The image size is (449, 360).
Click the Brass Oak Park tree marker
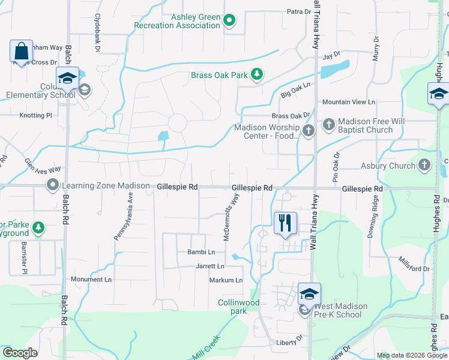coord(257,74)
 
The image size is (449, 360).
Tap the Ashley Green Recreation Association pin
coord(229,22)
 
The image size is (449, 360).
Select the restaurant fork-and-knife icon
coord(285,223)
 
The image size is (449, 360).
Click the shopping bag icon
coord(21,51)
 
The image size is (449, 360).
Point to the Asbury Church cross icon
coord(424,164)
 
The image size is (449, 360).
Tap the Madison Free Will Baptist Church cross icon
coord(328,124)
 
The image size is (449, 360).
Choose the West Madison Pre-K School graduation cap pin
coord(309,295)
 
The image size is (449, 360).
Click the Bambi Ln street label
coord(201,253)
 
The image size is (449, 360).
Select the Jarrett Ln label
coord(211,266)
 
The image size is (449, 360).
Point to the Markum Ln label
coord(226,280)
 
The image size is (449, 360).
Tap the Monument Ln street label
coord(91,280)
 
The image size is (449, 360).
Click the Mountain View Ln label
coord(348,103)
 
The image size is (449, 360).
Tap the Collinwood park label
coord(239,307)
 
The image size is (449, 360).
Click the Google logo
coord(20,353)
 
